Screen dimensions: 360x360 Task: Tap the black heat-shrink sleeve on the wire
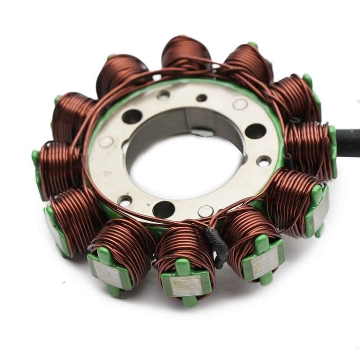tap(217, 247)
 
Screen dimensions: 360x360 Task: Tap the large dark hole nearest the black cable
tap(256, 131)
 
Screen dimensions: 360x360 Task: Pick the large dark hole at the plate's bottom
tap(164, 209)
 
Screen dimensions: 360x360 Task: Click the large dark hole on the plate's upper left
tap(132, 117)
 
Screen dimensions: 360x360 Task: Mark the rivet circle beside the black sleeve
tap(206, 211)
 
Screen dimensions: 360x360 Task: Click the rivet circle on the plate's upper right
tap(240, 104)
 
